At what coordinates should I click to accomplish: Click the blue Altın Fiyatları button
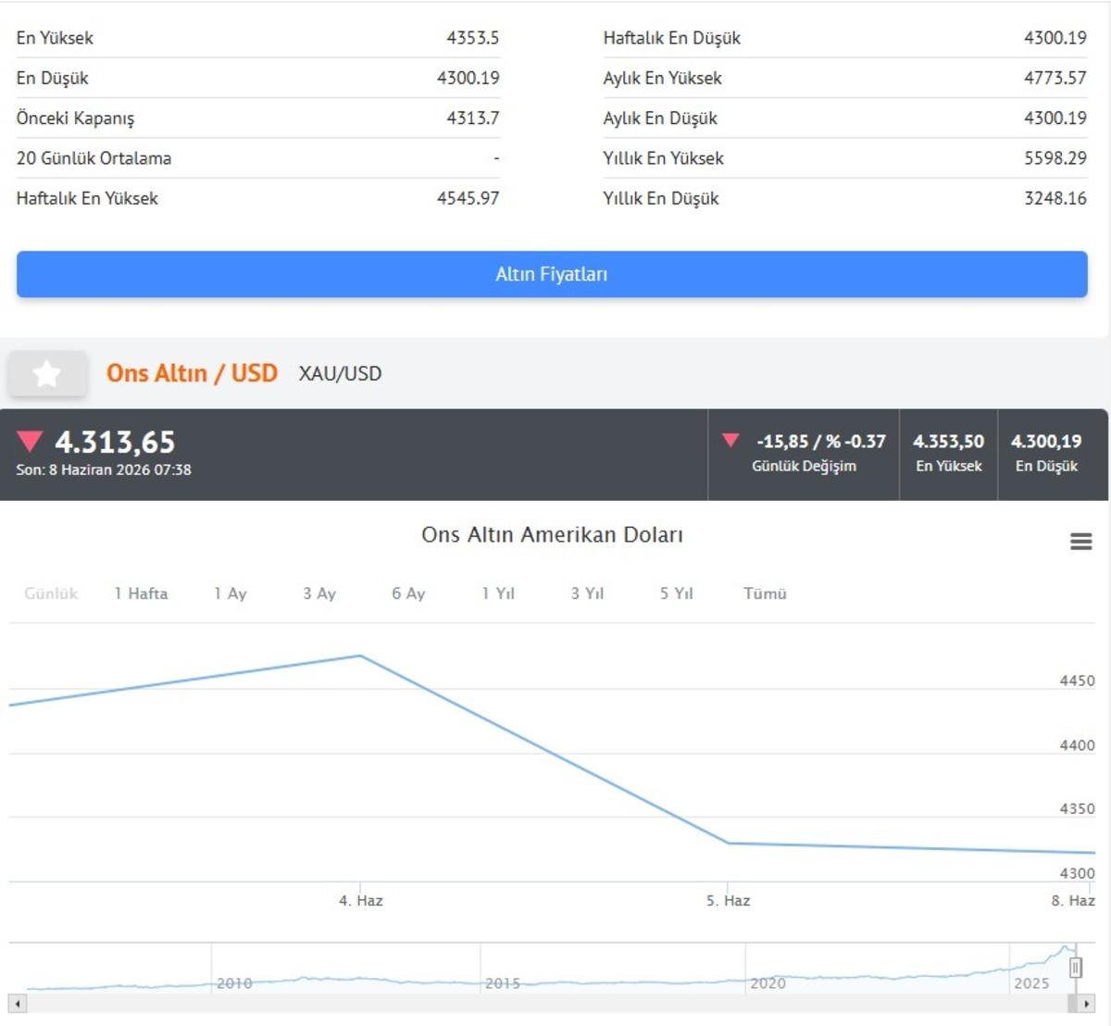click(552, 274)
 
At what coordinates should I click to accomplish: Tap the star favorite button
click(47, 373)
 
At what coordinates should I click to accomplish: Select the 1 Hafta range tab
click(141, 594)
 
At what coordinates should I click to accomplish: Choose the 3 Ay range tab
click(319, 594)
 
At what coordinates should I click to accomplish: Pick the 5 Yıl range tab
click(677, 594)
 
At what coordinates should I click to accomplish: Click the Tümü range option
click(765, 594)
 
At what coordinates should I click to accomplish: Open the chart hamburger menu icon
click(1080, 542)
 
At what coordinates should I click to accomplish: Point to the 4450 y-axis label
click(1077, 681)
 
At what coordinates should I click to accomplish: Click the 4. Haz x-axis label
click(361, 901)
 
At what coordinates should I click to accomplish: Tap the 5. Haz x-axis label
click(728, 901)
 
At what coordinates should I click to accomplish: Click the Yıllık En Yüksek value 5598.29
click(1055, 158)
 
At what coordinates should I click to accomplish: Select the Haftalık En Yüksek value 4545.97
click(468, 198)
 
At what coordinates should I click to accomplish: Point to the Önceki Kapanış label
click(76, 119)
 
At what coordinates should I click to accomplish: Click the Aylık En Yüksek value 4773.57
click(1055, 78)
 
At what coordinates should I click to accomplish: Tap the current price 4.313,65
click(115, 442)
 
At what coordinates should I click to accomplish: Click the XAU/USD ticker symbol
click(340, 373)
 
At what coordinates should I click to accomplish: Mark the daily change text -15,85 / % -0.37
click(820, 442)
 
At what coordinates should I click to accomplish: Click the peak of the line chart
click(361, 656)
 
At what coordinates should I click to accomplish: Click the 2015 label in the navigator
click(503, 982)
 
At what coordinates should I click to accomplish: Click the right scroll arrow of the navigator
click(1086, 1004)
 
